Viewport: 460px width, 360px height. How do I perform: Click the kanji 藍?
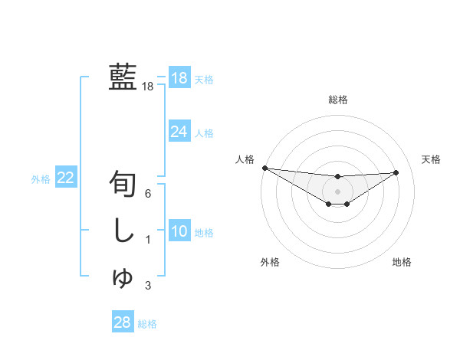click(123, 77)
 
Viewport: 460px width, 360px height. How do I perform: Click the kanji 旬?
click(123, 184)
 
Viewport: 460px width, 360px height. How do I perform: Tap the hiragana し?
click(123, 231)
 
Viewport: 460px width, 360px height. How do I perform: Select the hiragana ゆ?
click(123, 277)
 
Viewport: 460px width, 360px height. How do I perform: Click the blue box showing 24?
click(179, 132)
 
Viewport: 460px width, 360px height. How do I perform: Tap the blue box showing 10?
click(179, 232)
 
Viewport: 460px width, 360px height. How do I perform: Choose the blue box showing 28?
click(122, 322)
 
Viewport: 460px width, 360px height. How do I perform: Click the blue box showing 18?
click(179, 78)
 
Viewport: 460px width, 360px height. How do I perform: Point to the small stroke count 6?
click(148, 194)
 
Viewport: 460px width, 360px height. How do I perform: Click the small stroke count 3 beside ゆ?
click(148, 286)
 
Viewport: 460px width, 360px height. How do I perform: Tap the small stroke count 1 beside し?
click(148, 241)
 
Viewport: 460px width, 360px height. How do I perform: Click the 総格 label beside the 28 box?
click(147, 324)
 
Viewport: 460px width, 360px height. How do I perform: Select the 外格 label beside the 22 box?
click(41, 179)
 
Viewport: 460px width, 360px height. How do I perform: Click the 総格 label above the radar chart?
click(337, 100)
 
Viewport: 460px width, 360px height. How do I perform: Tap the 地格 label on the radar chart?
click(402, 262)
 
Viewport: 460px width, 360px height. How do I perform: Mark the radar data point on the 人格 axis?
click(264, 168)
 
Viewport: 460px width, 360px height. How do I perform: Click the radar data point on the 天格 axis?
click(396, 172)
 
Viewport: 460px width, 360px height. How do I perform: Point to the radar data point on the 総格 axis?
click(337, 177)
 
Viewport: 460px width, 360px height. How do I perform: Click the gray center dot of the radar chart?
click(337, 191)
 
